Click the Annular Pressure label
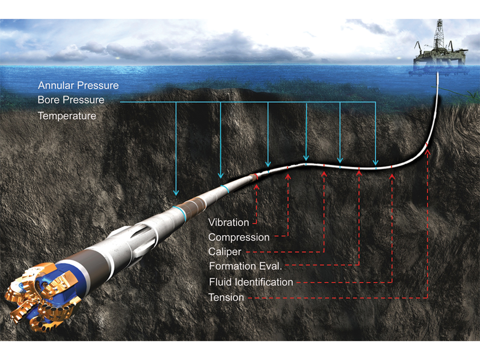pos(78,86)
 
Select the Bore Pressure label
pos(71,100)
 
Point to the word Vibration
pos(229,223)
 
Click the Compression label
pos(239,237)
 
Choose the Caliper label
pos(225,252)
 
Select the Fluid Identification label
pos(251,282)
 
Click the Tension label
pos(226,298)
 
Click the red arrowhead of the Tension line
pos(427,153)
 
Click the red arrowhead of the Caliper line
pos(324,175)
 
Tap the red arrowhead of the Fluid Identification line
pos(393,176)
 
